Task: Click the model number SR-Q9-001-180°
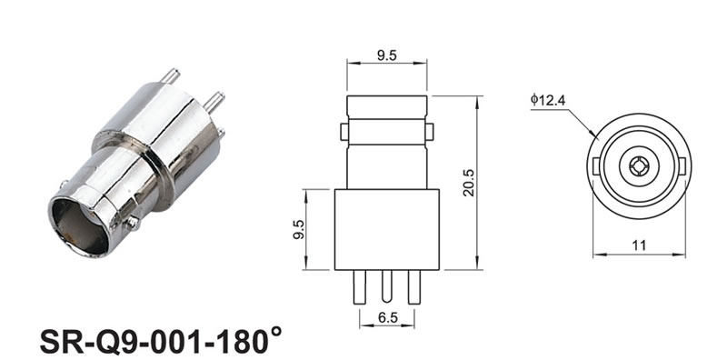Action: point(161,341)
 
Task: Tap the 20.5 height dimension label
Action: point(469,183)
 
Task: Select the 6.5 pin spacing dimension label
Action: point(388,318)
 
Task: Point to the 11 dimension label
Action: point(639,245)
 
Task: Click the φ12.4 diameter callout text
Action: point(548,100)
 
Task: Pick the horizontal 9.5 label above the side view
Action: point(387,55)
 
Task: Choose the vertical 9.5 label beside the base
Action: point(299,229)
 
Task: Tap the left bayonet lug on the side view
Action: point(344,132)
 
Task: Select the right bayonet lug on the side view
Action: point(430,132)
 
